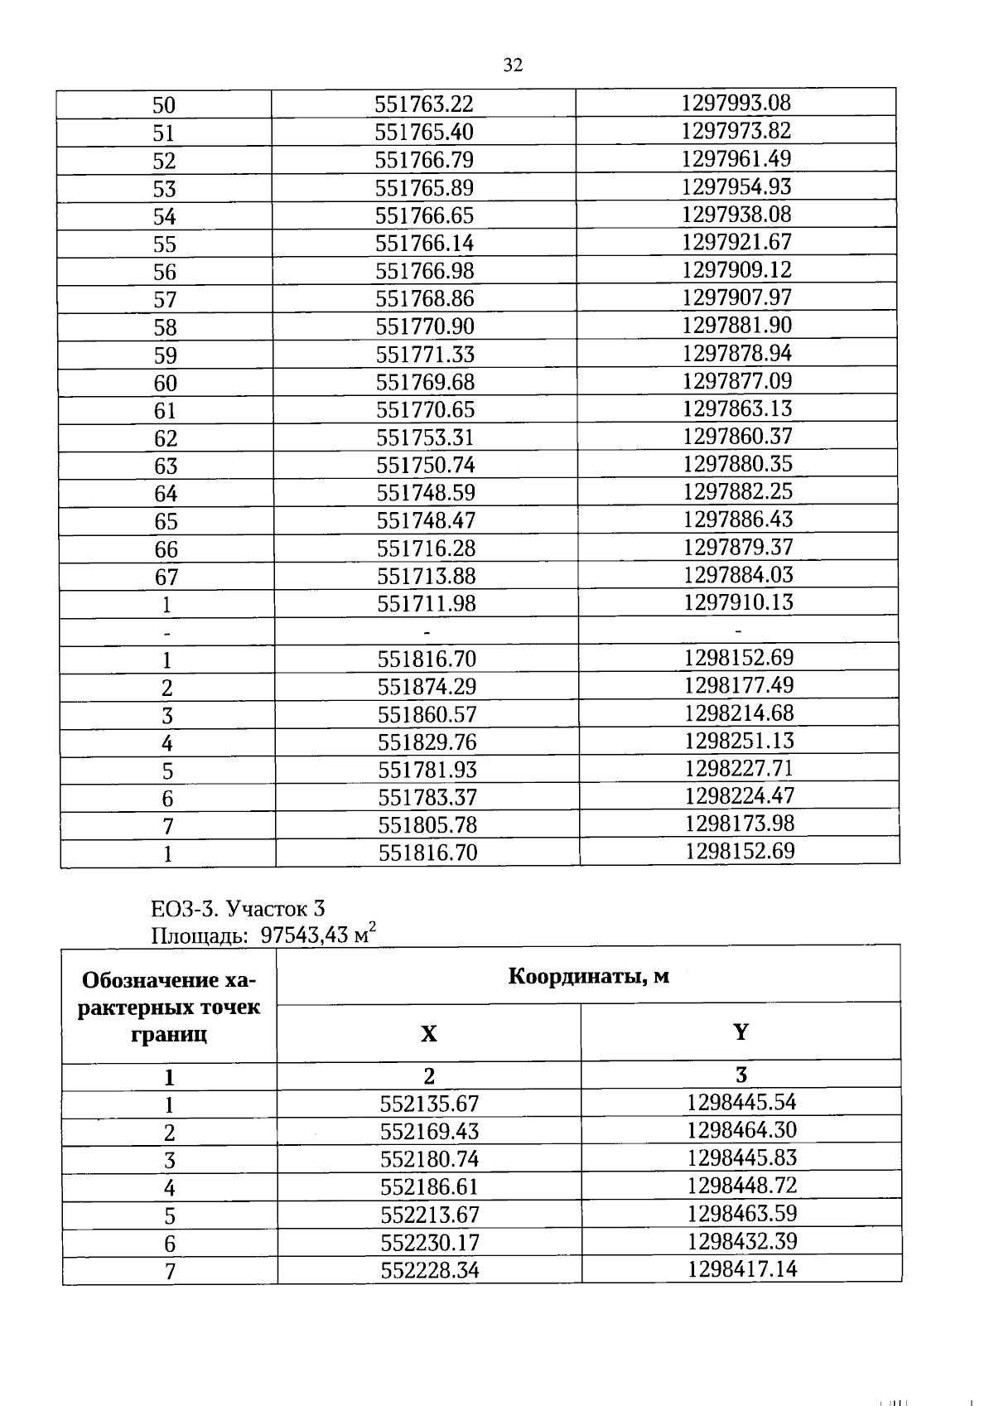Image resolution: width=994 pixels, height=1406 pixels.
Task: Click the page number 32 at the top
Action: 513,65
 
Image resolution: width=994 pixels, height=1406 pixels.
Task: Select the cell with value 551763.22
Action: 423,104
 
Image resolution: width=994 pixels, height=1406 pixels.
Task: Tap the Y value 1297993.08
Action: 736,103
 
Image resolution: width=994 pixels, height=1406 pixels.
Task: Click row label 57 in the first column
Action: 165,300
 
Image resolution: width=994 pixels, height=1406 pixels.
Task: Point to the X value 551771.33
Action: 425,355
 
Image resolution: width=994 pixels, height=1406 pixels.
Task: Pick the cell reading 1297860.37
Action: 737,436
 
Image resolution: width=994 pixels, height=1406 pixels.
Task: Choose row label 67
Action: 166,577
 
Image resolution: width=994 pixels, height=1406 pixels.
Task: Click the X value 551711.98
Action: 427,604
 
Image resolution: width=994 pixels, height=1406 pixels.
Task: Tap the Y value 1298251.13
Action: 739,741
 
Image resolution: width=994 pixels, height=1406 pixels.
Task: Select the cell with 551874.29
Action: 427,687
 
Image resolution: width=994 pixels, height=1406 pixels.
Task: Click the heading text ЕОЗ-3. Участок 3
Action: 238,909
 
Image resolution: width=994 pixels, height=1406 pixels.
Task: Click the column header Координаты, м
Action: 588,976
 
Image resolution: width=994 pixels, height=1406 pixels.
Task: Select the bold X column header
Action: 428,1034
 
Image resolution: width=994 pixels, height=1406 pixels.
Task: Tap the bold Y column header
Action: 741,1032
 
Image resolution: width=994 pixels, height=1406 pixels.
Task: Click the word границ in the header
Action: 168,1034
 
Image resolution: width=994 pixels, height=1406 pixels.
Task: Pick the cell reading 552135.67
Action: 429,1104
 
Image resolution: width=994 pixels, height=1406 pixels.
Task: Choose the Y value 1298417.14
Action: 741,1268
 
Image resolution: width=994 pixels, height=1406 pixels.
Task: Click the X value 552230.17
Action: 430,1243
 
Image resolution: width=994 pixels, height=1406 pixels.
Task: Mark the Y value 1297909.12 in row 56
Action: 736,269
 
